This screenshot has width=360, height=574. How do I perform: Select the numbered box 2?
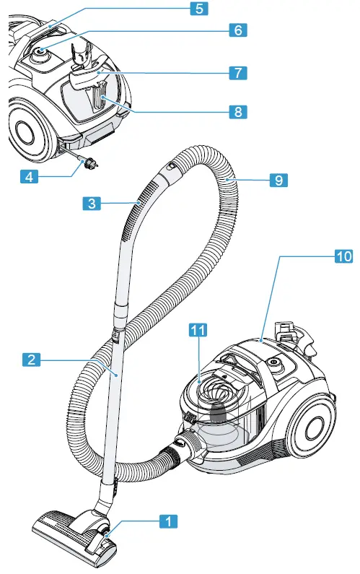[30, 358]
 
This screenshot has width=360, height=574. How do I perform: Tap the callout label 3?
[90, 204]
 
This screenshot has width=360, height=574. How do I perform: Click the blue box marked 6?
[238, 30]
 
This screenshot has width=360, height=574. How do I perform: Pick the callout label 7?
[238, 72]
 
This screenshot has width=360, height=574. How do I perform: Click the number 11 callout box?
[199, 330]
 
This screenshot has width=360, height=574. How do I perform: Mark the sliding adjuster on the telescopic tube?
[115, 334]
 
